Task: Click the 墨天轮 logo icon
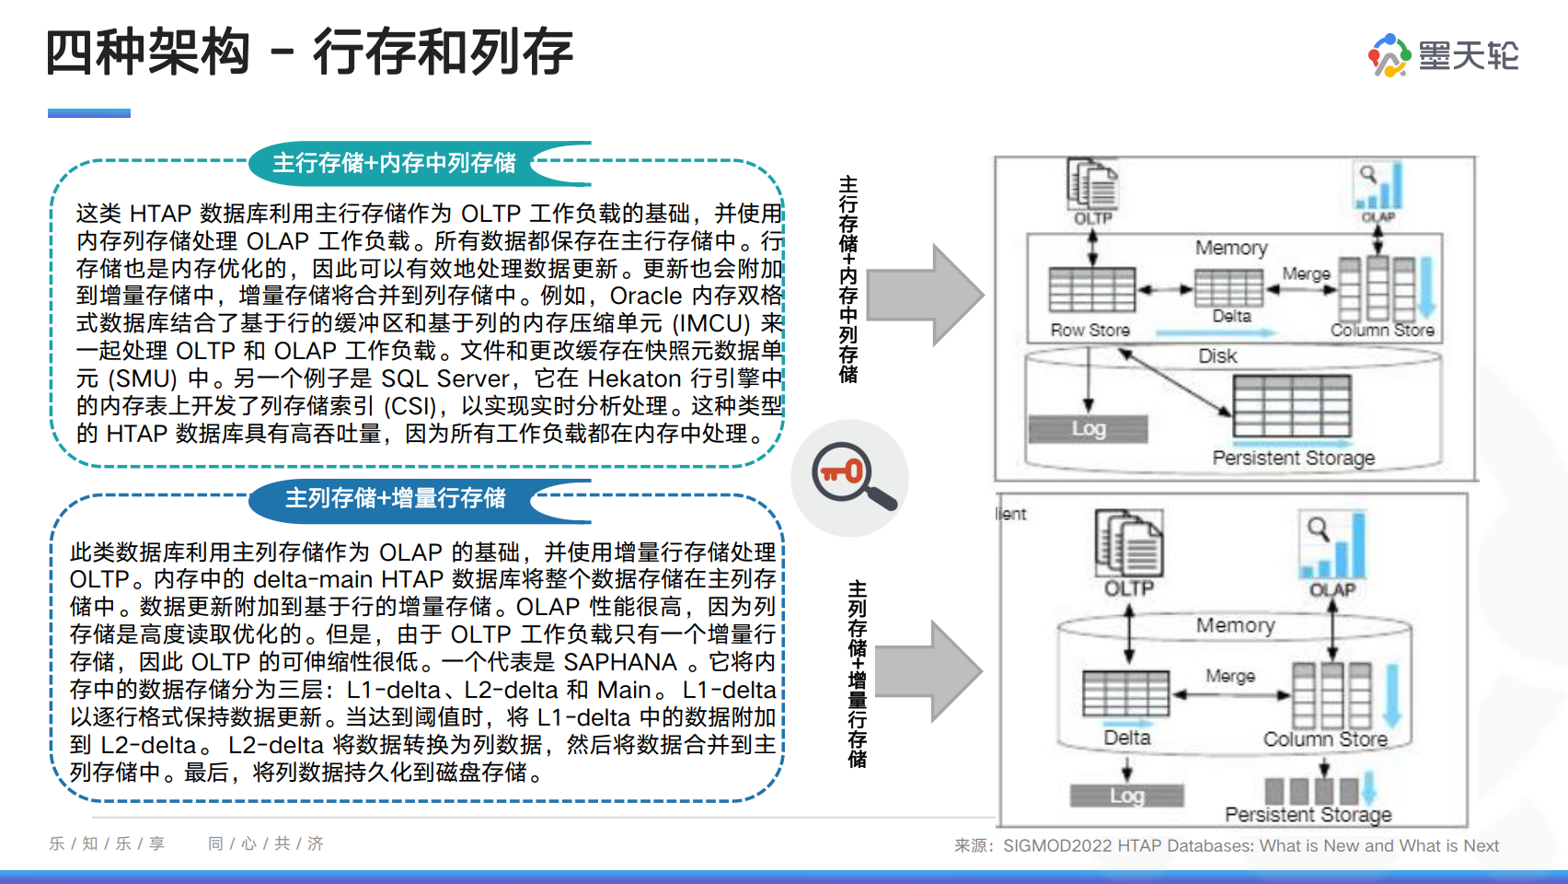coord(1389,55)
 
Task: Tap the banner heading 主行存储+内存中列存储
coord(394,163)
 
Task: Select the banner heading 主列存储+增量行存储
coord(395,498)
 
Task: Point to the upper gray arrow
coord(924,295)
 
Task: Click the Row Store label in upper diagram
coord(1090,330)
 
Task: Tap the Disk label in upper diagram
coord(1217,356)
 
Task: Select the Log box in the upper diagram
coord(1088,429)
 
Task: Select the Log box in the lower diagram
coord(1126,796)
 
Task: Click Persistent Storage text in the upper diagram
coord(1293,458)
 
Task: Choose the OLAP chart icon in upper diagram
coord(1378,186)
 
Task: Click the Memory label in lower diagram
coord(1235,626)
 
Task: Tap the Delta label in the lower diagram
coord(1126,738)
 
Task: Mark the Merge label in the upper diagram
coord(1306,273)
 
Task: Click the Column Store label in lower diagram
coord(1324,739)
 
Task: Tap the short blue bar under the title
coord(89,113)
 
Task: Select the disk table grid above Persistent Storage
coord(1292,405)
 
